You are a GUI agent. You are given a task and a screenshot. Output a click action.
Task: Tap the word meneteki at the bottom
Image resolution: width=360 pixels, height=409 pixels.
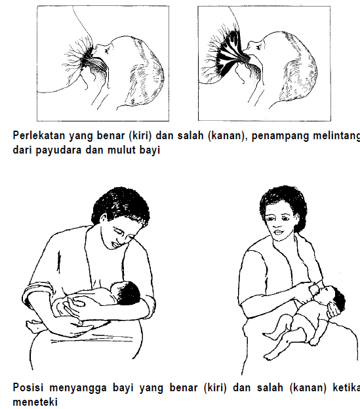click(x=34, y=400)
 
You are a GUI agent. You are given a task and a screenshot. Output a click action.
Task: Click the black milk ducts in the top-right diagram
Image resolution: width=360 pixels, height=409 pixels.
click(x=227, y=54)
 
